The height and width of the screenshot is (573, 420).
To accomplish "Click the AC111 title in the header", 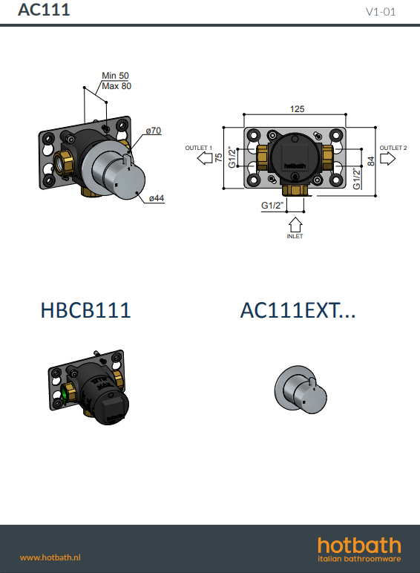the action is click(x=44, y=10).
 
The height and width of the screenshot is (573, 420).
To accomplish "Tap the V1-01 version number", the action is click(x=381, y=12).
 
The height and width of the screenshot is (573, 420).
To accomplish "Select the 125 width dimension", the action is click(x=297, y=109).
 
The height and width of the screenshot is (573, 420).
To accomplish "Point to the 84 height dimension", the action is click(x=371, y=161).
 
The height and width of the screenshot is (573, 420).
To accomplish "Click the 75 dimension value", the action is click(x=218, y=157).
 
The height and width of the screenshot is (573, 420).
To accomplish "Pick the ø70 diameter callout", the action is click(x=154, y=131).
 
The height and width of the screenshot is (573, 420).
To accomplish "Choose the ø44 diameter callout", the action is click(x=157, y=198).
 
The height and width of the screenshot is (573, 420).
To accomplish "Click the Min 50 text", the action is click(x=116, y=76).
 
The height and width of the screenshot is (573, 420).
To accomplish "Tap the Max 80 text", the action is click(x=117, y=86).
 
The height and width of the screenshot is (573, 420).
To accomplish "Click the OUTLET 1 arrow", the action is click(x=205, y=158).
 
